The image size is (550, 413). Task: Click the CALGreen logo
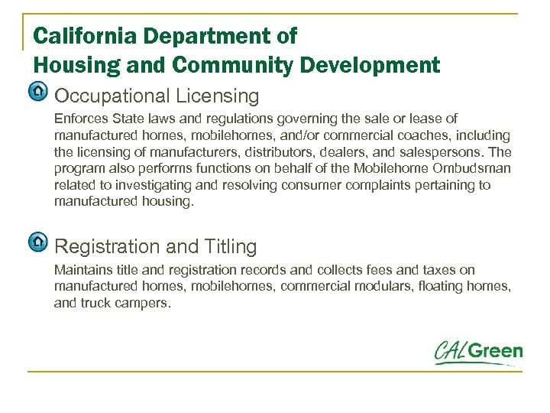tap(478, 353)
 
